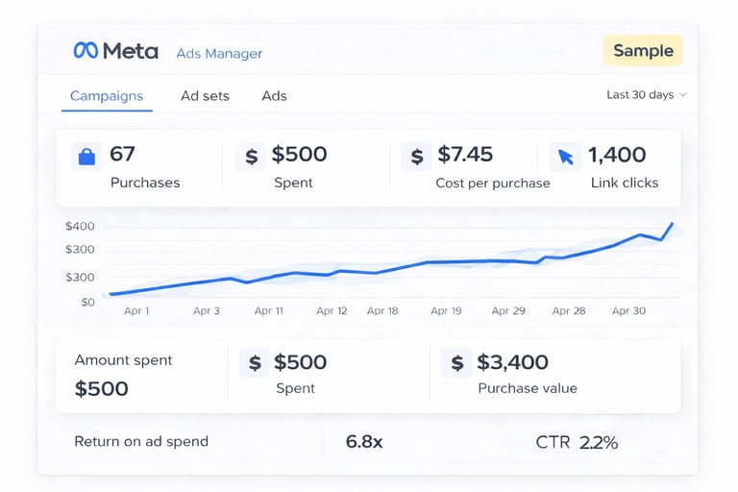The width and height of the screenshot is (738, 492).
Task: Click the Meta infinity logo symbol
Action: (x=86, y=51)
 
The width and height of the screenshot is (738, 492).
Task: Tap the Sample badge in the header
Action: (x=643, y=51)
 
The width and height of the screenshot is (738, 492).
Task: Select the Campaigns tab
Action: (x=107, y=96)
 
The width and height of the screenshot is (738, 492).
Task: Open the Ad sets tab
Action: (x=205, y=96)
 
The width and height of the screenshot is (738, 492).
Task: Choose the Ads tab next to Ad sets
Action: (x=274, y=96)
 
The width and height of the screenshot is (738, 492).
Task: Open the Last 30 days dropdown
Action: (x=646, y=95)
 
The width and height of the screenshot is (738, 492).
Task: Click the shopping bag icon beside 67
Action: (x=86, y=156)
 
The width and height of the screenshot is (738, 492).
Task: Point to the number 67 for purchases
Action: (x=122, y=154)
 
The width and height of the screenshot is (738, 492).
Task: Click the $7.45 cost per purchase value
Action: (x=465, y=154)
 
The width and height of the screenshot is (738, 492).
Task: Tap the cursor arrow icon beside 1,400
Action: (x=565, y=156)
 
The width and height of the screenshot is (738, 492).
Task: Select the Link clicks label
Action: (x=625, y=183)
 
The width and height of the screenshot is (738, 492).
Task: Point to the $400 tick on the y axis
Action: (x=80, y=227)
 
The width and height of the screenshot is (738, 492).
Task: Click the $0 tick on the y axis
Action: (x=87, y=302)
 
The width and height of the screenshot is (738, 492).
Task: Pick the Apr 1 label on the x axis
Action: (x=136, y=311)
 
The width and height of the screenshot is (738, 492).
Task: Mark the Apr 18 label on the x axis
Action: (x=382, y=311)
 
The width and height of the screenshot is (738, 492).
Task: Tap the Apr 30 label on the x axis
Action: (x=628, y=311)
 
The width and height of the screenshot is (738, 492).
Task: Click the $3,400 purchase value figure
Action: (x=513, y=362)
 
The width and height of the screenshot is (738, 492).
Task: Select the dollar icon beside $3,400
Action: (x=457, y=362)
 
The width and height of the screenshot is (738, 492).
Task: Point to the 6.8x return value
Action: (x=364, y=442)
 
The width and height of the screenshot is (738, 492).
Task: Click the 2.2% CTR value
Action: (x=599, y=442)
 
